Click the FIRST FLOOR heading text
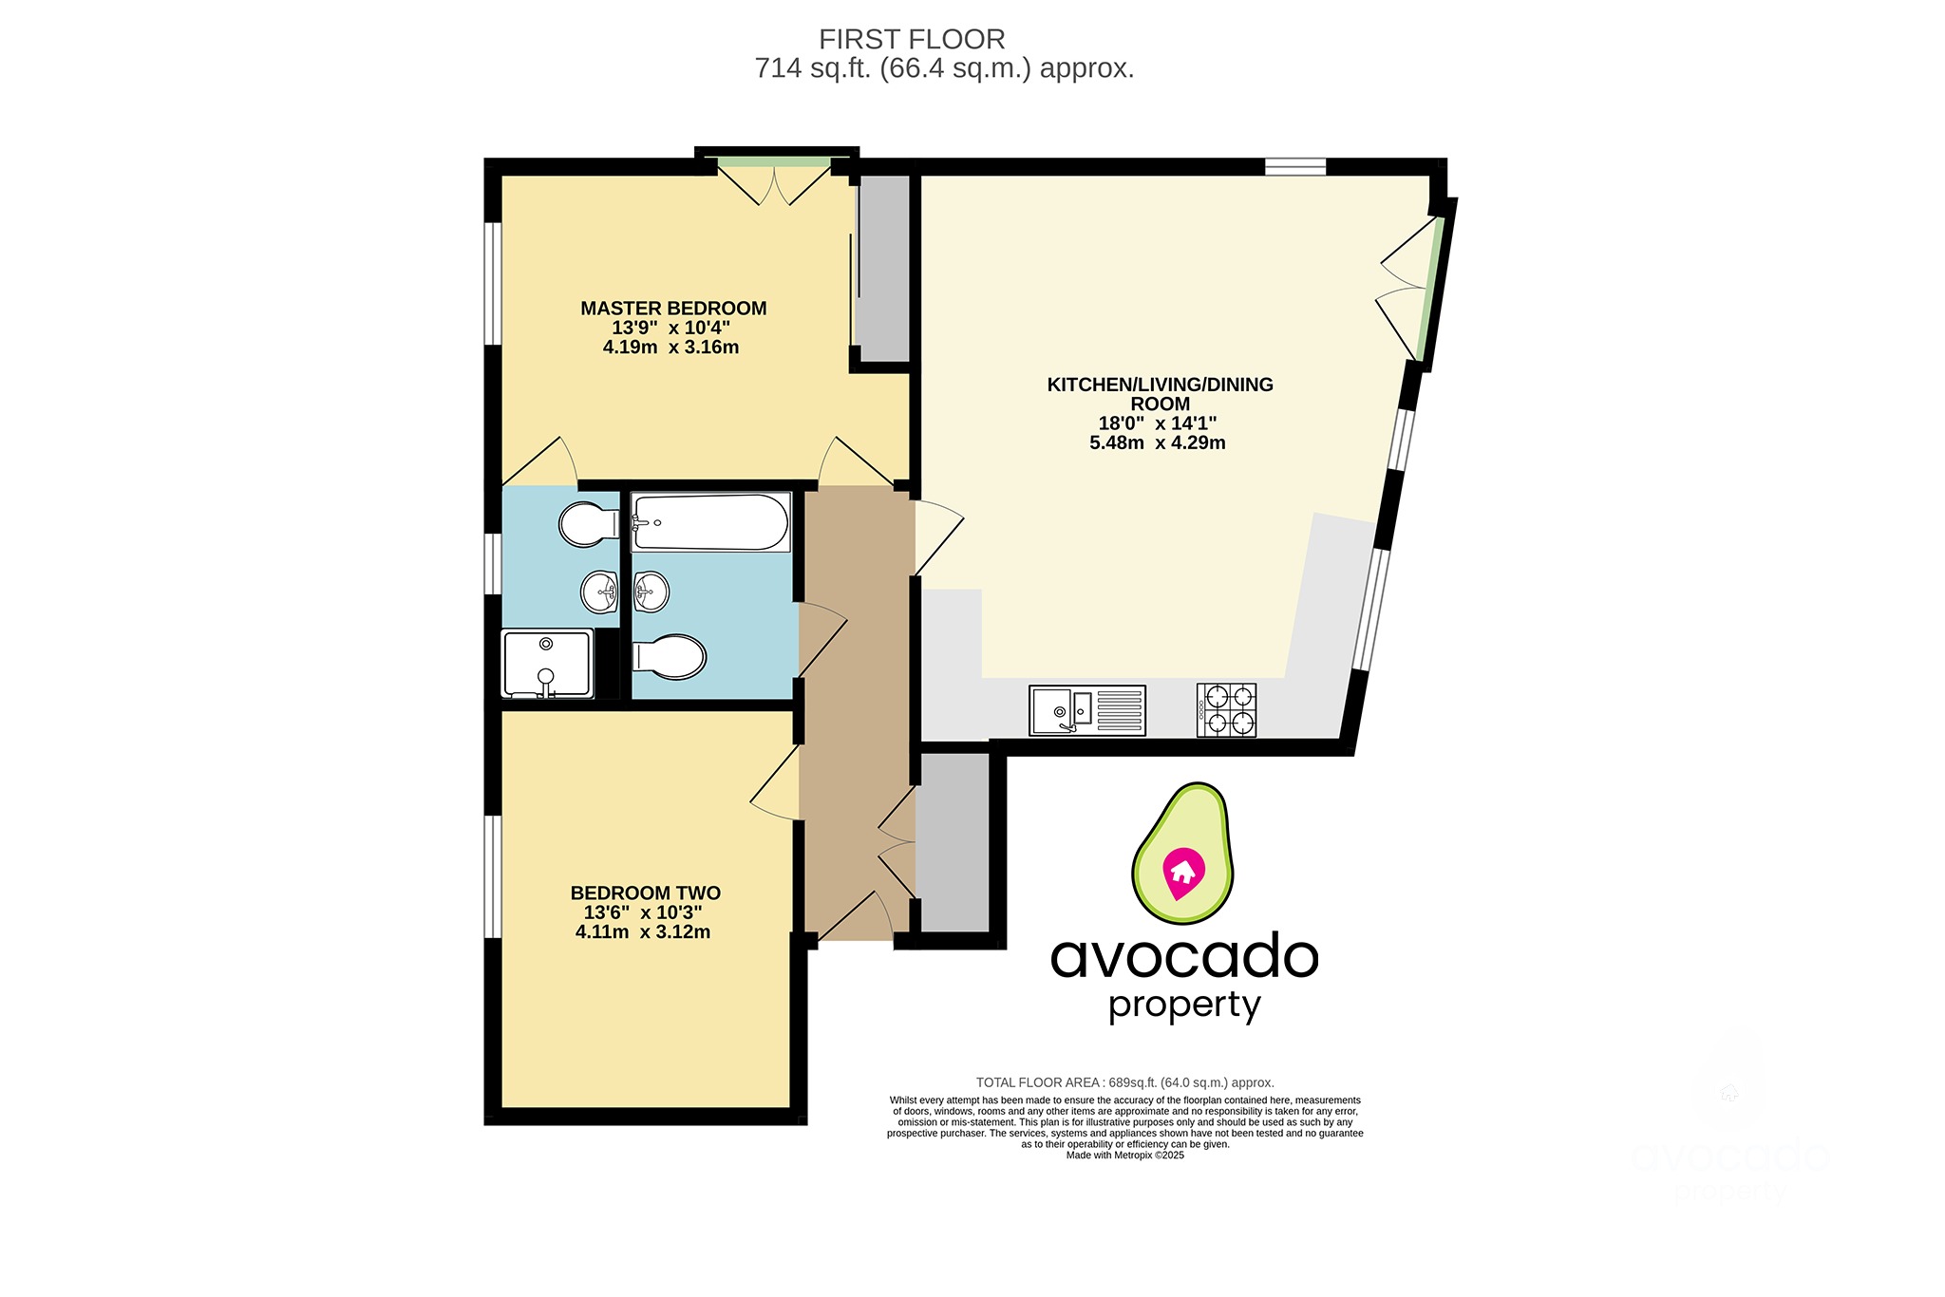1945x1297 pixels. (x=911, y=39)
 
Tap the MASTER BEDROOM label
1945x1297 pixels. (x=673, y=309)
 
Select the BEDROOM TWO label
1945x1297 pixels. (x=645, y=893)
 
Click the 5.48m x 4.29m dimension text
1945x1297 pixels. (x=1157, y=443)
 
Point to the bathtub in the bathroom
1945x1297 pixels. (x=710, y=522)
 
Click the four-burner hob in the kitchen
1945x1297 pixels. (x=1226, y=709)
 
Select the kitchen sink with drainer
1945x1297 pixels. (x=1087, y=710)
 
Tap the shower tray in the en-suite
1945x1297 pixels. (x=546, y=664)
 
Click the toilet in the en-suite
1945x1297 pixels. (x=587, y=523)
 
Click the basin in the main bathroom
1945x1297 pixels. (x=651, y=592)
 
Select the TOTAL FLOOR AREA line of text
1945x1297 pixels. (x=1124, y=1082)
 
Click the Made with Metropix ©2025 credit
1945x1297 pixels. (x=1124, y=1156)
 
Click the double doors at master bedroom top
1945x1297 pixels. (x=774, y=184)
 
